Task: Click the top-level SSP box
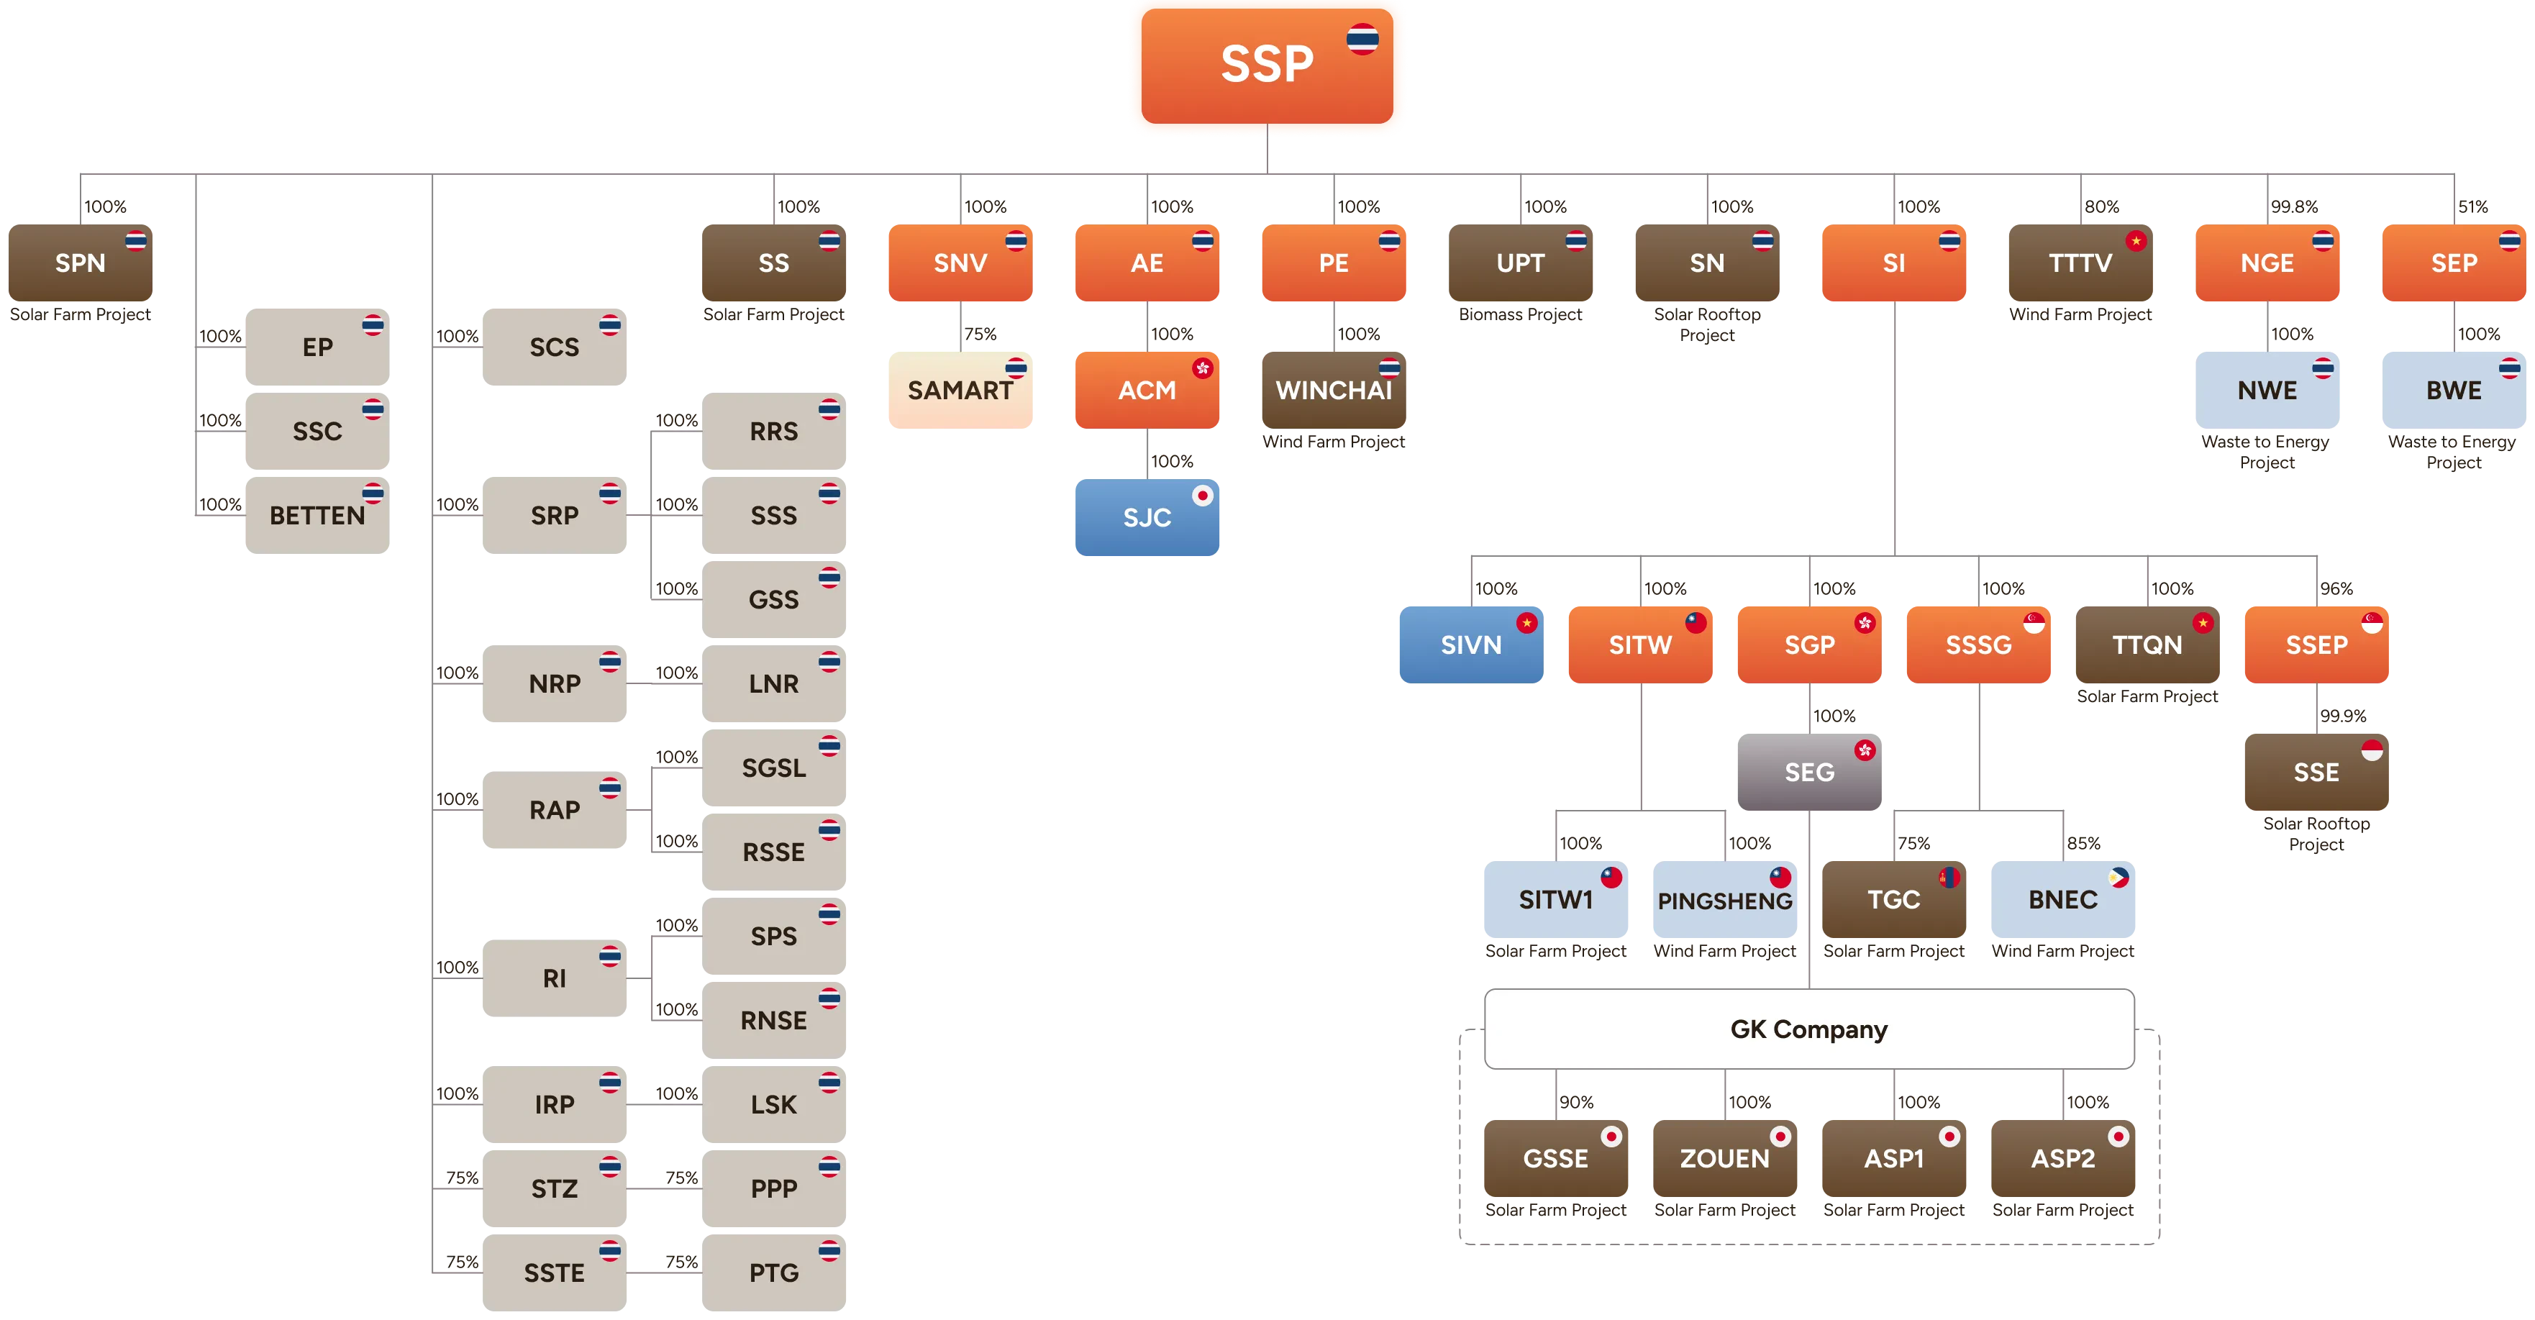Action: [1267, 65]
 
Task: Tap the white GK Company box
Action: [1808, 1029]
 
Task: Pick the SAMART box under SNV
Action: [960, 391]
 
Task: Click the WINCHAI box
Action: [1334, 391]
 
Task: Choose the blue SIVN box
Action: [1471, 645]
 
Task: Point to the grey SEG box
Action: [1808, 772]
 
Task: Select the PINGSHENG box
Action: [1725, 900]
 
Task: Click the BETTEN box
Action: [317, 516]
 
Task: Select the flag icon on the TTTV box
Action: [2136, 241]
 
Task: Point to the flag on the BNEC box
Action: [2118, 877]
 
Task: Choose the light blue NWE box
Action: [2267, 391]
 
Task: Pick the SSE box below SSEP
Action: [2316, 772]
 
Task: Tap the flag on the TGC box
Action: [1949, 877]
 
